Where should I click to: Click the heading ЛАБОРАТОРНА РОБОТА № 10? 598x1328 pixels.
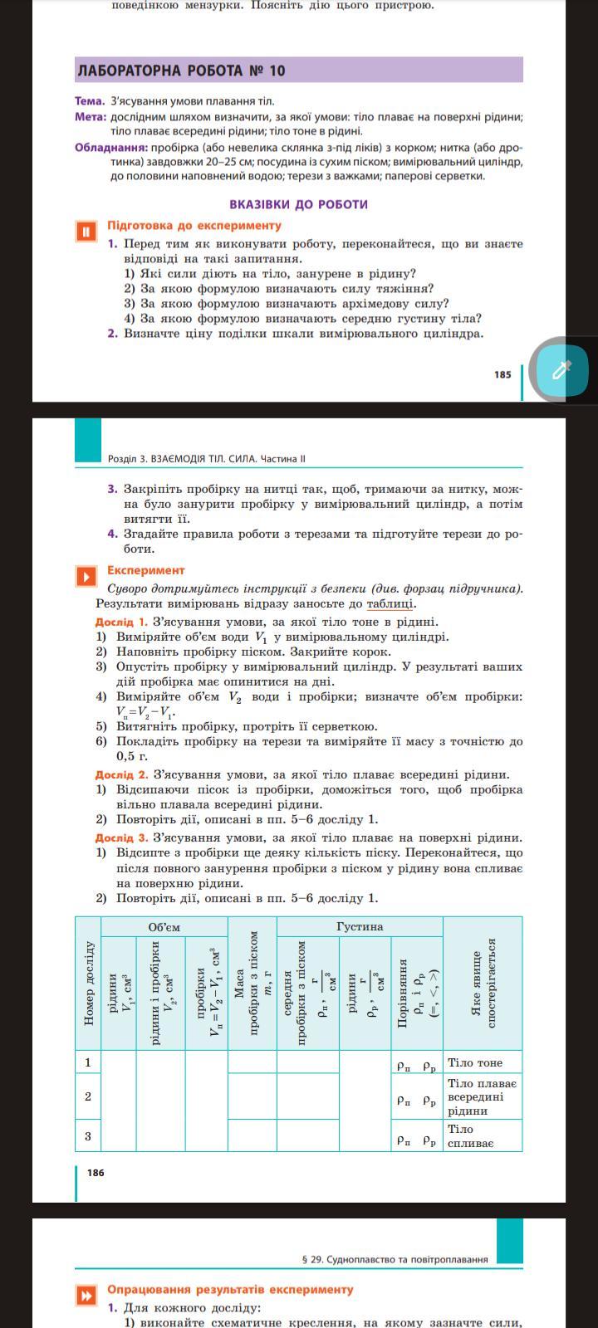pos(181,71)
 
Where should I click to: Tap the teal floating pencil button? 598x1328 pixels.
pos(561,369)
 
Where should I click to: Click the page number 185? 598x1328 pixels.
pos(502,374)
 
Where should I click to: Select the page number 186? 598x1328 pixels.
pos(96,1173)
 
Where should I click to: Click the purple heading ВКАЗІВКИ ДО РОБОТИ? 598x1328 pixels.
pos(298,204)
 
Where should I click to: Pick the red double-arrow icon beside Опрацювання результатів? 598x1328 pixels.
pos(85,1296)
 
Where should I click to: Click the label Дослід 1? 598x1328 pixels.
pos(121,622)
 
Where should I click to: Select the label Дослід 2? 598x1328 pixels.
pos(121,774)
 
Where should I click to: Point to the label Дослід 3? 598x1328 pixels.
pos(121,837)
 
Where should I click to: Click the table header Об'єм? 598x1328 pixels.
pos(164,927)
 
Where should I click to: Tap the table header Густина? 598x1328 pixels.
pos(360,926)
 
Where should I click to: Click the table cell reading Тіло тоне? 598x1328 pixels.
pos(475,1062)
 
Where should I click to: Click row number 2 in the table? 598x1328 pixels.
pos(88,1096)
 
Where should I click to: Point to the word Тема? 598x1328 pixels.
pos(90,101)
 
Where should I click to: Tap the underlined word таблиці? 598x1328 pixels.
pos(390,604)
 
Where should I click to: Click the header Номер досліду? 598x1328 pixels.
pos(89,983)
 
